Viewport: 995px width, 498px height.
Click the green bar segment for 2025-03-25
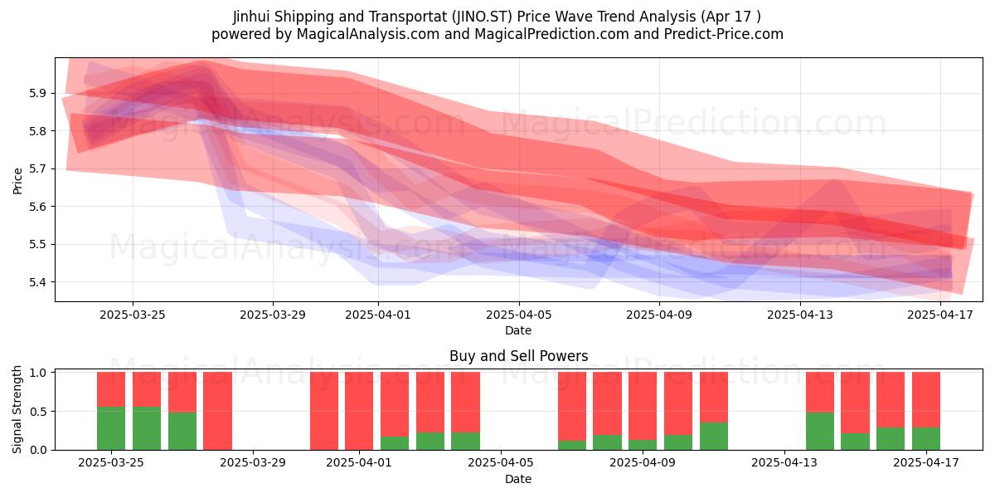(111, 428)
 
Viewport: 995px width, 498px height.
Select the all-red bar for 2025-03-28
(217, 411)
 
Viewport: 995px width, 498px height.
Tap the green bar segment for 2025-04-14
(820, 431)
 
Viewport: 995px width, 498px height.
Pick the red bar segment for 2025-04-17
(926, 400)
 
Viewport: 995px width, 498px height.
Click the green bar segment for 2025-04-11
(714, 436)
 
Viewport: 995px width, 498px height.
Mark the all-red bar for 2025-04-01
(359, 411)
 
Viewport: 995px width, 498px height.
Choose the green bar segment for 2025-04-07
(572, 445)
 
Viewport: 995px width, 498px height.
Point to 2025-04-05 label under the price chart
(518, 315)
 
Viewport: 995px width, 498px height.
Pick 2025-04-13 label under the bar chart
(784, 463)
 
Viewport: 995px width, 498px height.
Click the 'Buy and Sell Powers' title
(518, 356)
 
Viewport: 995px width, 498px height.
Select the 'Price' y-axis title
(17, 181)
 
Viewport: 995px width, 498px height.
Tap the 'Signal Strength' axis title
(17, 409)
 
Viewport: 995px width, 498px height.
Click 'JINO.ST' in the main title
(482, 17)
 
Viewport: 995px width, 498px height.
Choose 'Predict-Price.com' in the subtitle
(724, 34)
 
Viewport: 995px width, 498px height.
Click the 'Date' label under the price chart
(518, 330)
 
